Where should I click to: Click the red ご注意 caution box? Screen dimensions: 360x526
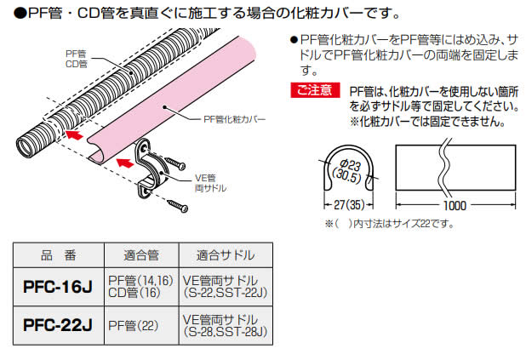pyautogui.click(x=316, y=90)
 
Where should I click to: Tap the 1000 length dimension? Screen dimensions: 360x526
pyautogui.click(x=455, y=206)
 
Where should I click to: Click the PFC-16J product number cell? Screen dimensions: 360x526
pyautogui.click(x=57, y=287)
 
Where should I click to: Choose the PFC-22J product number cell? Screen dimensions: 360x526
pyautogui.click(x=57, y=325)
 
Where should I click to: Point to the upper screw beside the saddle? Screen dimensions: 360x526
pyautogui.click(x=177, y=160)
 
